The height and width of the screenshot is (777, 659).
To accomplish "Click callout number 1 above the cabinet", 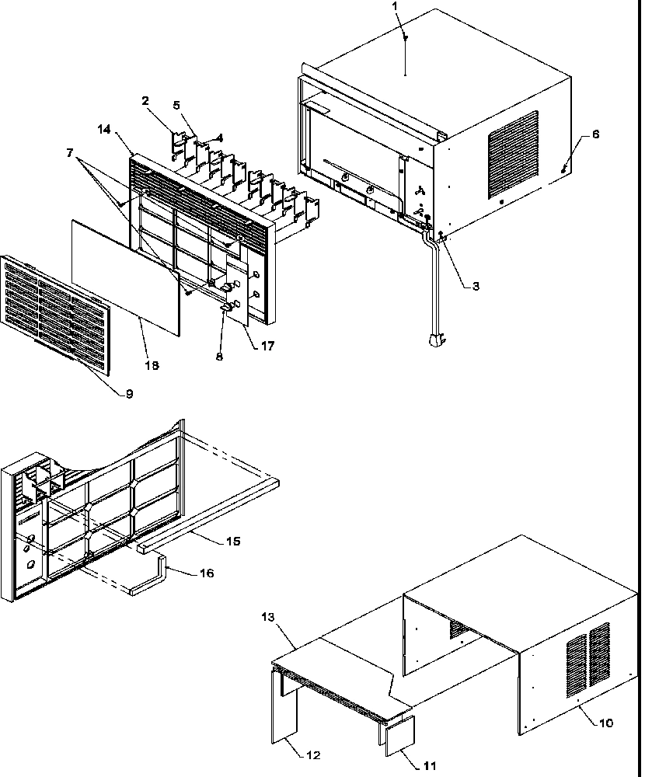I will point(395,5).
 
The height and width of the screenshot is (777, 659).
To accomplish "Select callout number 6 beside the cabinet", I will point(595,134).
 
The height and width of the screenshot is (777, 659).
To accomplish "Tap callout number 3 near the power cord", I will point(476,286).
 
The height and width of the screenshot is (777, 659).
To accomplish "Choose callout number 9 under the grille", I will point(129,394).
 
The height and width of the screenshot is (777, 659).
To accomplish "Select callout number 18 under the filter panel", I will point(152,364).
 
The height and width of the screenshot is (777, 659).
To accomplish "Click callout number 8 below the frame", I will point(219,357).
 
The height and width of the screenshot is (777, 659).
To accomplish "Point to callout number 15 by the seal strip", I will point(233,541).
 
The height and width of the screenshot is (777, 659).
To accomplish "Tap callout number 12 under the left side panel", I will point(313,754).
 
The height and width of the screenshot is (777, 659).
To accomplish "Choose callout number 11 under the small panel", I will point(410,754).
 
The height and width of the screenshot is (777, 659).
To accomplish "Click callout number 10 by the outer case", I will point(606,723).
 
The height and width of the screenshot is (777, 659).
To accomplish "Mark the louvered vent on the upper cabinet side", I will point(513,153).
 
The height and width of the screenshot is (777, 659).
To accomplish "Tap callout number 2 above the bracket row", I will point(145,100).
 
